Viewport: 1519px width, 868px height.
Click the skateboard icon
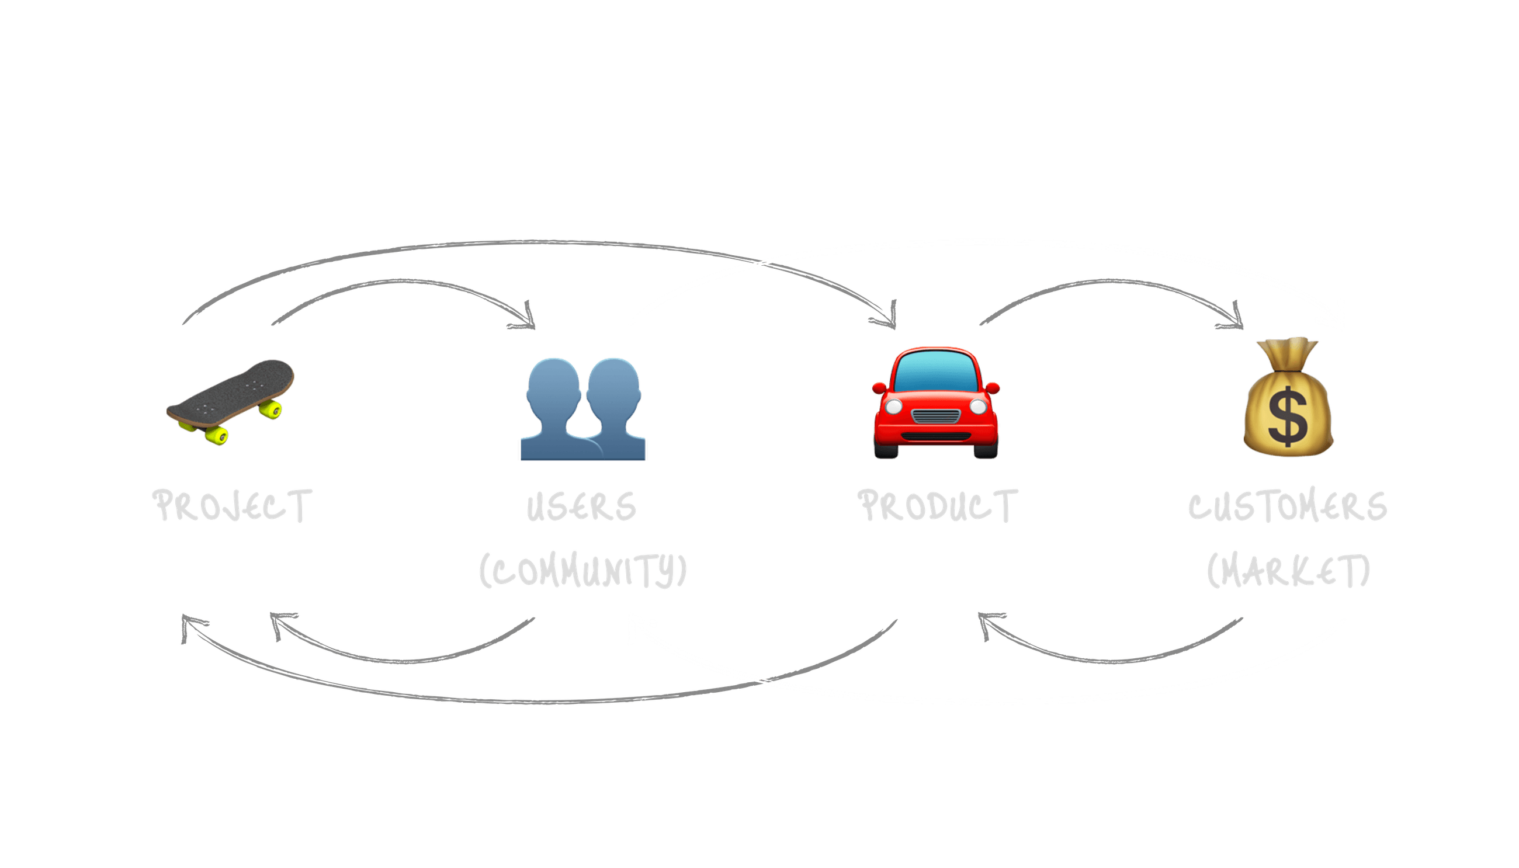[230, 401]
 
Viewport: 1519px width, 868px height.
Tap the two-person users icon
[583, 408]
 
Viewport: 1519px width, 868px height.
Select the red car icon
[935, 403]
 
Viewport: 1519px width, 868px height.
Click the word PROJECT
[233, 506]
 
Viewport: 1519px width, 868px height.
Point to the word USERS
[581, 508]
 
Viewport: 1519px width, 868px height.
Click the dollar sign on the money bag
[1288, 416]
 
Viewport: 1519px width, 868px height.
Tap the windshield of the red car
[935, 371]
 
